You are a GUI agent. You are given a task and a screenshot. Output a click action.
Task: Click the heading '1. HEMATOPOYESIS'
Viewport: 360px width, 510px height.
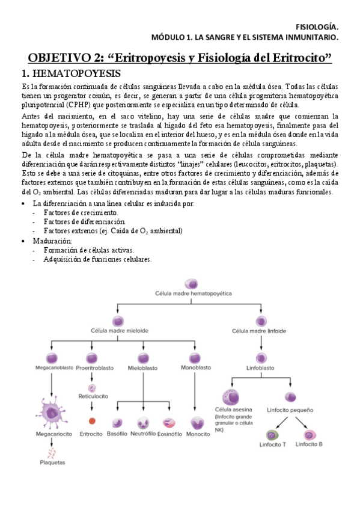pos(71,74)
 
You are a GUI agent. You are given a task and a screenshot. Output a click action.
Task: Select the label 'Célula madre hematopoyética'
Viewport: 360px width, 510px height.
pos(192,295)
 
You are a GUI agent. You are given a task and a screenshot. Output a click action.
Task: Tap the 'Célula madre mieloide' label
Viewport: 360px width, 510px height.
pos(120,331)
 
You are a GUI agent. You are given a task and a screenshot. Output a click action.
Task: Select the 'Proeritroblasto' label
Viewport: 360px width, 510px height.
pos(91,367)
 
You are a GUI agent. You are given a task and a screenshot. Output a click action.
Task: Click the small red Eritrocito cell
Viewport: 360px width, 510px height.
pos(92,421)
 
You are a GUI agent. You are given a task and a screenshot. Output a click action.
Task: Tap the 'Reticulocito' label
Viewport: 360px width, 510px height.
pos(92,396)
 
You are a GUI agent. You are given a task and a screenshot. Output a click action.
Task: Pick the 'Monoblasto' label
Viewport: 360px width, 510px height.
pos(196,367)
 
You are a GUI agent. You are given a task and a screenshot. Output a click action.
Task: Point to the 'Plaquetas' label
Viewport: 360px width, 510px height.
pos(52,462)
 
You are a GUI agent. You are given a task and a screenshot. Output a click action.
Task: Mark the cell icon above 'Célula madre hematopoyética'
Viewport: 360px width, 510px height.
pos(192,283)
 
